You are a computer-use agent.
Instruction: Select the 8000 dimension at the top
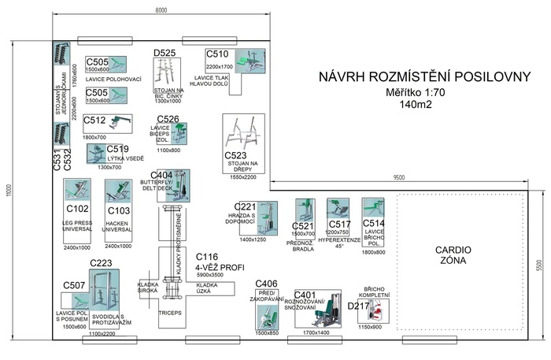tap(161, 9)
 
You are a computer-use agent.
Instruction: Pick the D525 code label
tap(165, 53)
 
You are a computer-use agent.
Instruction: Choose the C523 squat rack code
tap(235, 156)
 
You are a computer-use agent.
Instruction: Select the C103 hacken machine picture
tap(117, 191)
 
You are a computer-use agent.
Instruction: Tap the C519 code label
tap(118, 149)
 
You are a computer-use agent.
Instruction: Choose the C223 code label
tap(101, 263)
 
